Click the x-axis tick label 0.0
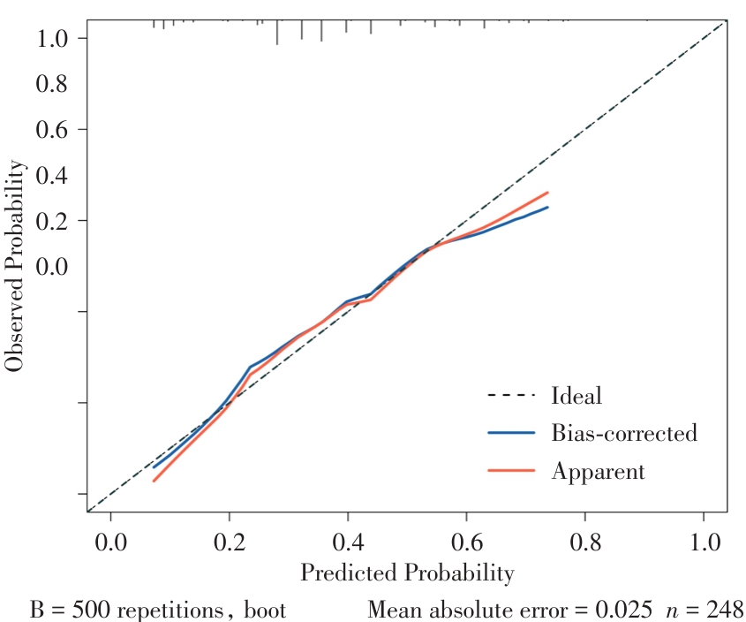pyautogui.click(x=110, y=539)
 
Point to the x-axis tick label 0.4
pyautogui.click(x=348, y=539)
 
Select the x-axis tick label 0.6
pyautogui.click(x=466, y=539)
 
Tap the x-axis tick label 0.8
pyautogui.click(x=584, y=539)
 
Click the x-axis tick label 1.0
pyautogui.click(x=704, y=539)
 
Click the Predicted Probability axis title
pyautogui.click(x=407, y=573)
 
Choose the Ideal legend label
pyautogui.click(x=576, y=395)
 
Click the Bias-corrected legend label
pyautogui.click(x=624, y=433)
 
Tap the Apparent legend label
pyautogui.click(x=598, y=471)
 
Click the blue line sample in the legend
pyautogui.click(x=511, y=433)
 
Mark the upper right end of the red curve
pyautogui.click(x=548, y=193)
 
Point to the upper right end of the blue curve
pyautogui.click(x=548, y=208)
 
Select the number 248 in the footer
pyautogui.click(x=723, y=610)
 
